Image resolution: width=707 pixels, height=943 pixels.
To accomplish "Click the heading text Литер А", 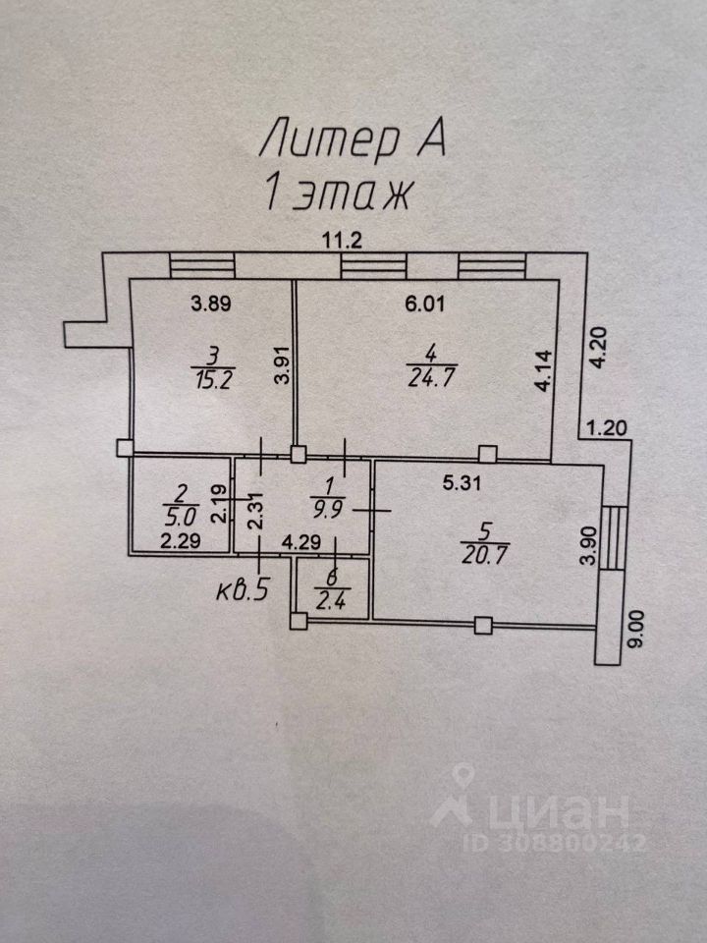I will pos(353,139).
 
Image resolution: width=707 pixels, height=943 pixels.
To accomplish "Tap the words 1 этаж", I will pos(337,192).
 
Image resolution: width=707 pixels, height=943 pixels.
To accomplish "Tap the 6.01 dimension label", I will pos(425,304).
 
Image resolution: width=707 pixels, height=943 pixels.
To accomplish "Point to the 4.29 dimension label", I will pos(300,539).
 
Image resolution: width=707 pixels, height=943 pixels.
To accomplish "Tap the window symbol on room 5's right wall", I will pos(612,538).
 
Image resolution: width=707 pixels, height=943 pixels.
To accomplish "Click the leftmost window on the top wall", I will pos(201,265).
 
